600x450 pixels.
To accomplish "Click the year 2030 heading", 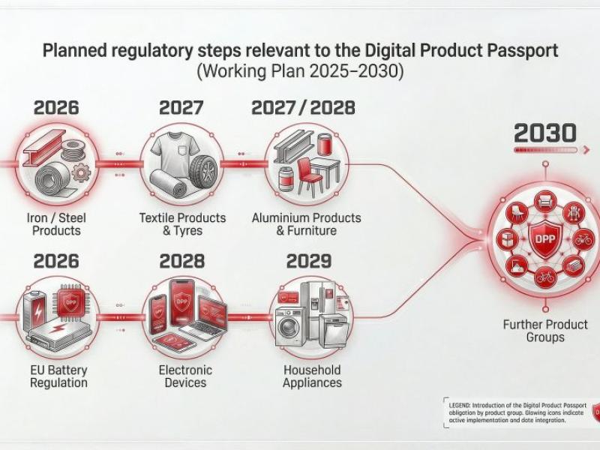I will point(545,133).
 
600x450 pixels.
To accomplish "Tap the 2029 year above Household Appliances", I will point(308,261).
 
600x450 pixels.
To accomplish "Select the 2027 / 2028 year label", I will point(302,107).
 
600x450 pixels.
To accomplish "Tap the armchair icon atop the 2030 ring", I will point(545,200).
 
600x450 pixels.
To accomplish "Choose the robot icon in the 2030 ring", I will point(574,213).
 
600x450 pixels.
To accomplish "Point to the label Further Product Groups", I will point(545,331).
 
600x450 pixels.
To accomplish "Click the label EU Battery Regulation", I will point(58,376).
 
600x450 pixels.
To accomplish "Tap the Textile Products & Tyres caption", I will point(182,224).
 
